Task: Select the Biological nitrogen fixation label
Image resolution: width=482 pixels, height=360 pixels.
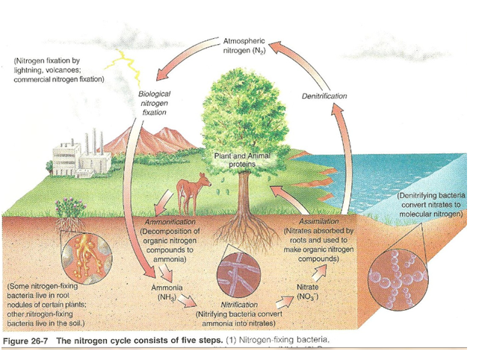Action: pyautogui.click(x=155, y=102)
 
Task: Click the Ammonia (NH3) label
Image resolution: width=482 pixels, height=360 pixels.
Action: pyautogui.click(x=163, y=292)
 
